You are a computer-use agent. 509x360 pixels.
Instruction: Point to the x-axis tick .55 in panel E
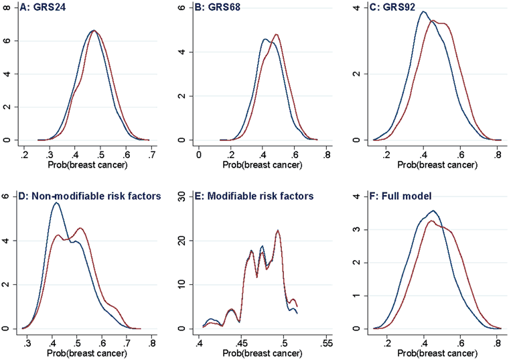pyautogui.click(x=327, y=343)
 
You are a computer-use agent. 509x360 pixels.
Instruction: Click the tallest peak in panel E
pyautogui.click(x=277, y=231)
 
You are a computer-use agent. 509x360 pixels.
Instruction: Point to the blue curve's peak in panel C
pyautogui.click(x=423, y=11)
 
